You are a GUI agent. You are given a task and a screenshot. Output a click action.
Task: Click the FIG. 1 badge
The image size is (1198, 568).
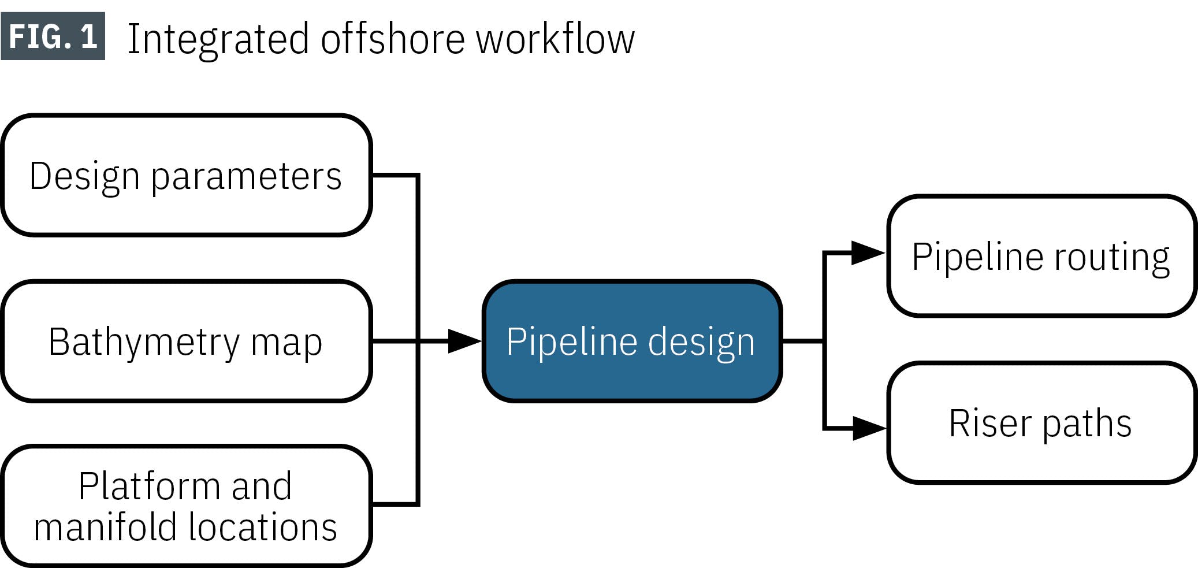[x=53, y=36]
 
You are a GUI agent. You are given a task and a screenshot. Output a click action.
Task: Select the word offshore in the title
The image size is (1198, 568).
[x=392, y=39]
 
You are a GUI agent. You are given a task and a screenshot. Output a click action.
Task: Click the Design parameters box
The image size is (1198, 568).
[x=186, y=175]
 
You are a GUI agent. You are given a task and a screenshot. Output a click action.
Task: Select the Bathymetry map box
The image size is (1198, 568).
[x=186, y=341]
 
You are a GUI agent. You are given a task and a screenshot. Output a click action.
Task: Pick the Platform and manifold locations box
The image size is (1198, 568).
[x=186, y=506]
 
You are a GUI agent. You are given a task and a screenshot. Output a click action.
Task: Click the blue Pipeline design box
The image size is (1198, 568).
[x=631, y=341]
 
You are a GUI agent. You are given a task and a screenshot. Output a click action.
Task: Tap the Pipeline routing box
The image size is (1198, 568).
[x=1040, y=256]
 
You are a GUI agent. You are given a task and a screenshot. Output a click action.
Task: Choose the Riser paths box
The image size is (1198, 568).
[x=1040, y=423]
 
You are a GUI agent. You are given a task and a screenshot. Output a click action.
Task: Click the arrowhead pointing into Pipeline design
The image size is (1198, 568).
[x=464, y=341]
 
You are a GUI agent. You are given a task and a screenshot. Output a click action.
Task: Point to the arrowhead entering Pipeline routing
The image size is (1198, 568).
[x=867, y=253]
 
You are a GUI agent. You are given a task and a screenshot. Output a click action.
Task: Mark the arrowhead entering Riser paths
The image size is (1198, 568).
[x=868, y=428]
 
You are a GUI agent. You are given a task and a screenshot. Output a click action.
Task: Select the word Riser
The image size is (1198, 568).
[x=990, y=423]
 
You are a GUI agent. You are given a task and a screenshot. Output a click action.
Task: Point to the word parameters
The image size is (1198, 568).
[x=246, y=177]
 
